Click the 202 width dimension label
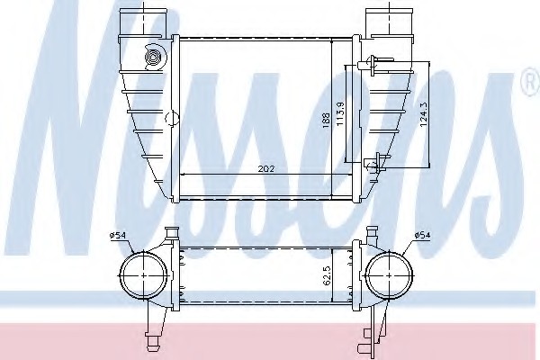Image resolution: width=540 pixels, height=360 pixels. click(266, 169)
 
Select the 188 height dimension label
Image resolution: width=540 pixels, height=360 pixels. click(326, 121)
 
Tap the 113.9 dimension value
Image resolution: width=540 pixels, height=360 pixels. click(340, 114)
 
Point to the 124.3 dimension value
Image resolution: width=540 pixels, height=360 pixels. click(424, 114)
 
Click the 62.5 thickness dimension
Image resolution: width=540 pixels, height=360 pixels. click(328, 275)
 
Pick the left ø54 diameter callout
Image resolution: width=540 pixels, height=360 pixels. click(118, 236)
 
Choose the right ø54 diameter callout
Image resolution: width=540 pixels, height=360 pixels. click(422, 235)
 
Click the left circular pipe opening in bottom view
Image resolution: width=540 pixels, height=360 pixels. click(143, 275)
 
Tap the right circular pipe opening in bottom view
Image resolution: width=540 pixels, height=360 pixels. click(389, 275)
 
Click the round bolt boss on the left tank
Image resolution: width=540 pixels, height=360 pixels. click(153, 58)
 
